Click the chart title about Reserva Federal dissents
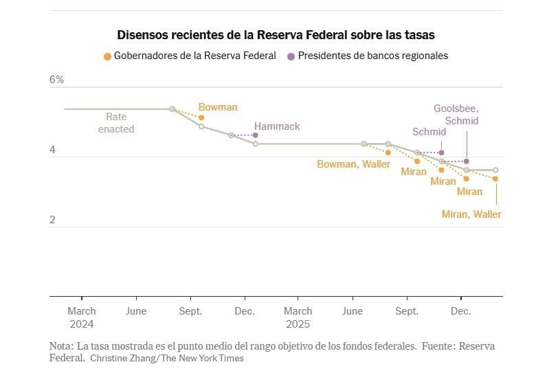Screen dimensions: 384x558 click(x=276, y=34)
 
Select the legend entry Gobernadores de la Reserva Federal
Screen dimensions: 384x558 click(x=190, y=56)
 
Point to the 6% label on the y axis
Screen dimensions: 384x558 click(x=56, y=80)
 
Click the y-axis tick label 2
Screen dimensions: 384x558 click(x=52, y=220)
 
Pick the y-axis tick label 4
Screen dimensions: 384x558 click(x=52, y=150)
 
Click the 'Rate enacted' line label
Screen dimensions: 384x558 click(x=116, y=123)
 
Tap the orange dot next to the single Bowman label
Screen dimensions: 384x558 click(x=201, y=117)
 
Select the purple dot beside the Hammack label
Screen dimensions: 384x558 click(x=256, y=135)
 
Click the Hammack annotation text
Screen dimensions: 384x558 click(x=277, y=126)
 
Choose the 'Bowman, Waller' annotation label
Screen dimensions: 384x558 click(x=353, y=164)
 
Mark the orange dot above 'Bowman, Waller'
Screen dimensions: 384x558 click(x=388, y=153)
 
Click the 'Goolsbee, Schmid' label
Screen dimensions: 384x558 click(x=456, y=115)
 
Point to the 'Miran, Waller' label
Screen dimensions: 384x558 click(x=471, y=214)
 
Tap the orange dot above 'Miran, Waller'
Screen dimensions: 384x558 click(x=495, y=179)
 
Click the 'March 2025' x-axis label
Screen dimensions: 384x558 click(x=298, y=317)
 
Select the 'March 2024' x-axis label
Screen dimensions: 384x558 click(x=82, y=317)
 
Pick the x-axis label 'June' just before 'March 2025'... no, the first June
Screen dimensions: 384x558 click(x=136, y=311)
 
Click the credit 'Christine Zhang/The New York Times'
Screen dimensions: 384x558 click(x=167, y=358)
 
